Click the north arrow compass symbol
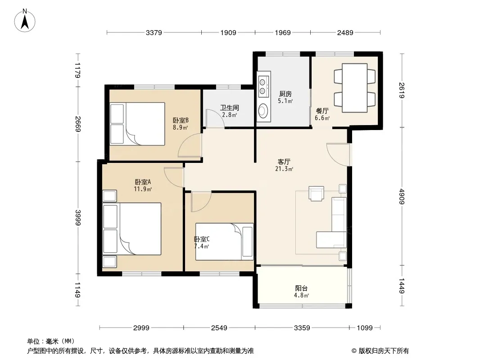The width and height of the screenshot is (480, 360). coord(25,21)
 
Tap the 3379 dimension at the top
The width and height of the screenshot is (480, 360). coord(154,32)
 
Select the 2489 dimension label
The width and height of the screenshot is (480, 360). coord(345,32)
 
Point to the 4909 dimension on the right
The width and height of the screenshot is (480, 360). coord(402,196)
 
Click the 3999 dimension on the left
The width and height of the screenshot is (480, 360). coord(78,217)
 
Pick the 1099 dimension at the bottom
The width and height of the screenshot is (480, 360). coord(365,328)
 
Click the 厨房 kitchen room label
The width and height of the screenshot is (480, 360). coord(285,94)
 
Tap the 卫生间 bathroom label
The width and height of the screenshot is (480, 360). coord(230,108)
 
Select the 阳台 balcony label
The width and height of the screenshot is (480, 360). coord(301,288)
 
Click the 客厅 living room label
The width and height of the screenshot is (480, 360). coord(284,162)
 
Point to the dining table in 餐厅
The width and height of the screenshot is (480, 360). coord(354,88)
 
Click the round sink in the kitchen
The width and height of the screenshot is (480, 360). coord(263,111)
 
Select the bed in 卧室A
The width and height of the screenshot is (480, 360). coord(132,229)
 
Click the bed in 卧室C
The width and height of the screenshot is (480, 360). coord(224,242)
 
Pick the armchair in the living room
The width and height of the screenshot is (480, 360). coord(316,193)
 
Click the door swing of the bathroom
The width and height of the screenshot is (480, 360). coord(215,118)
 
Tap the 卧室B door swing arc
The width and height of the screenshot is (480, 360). coord(190,146)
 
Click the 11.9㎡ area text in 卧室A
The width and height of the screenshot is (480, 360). coord(143,189)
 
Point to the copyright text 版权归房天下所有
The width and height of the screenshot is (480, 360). coord(384,351)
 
